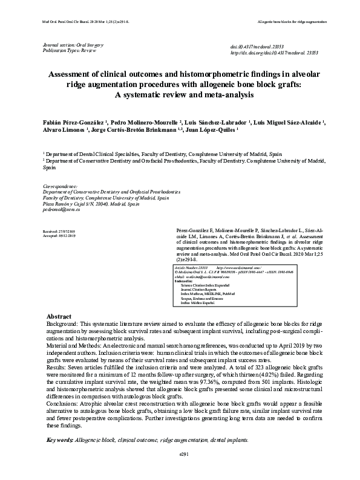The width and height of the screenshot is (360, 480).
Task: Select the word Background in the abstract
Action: point(66,325)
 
